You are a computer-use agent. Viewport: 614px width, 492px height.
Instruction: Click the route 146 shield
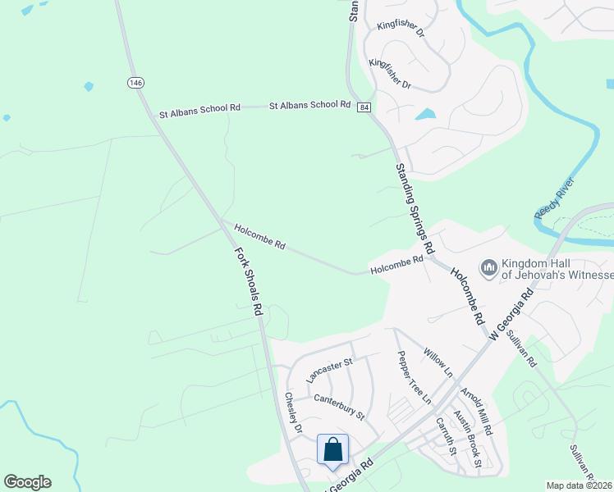pos(135,82)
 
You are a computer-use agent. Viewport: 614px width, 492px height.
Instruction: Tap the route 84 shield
pos(363,107)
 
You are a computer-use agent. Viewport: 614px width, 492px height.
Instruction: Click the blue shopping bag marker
pos(332,449)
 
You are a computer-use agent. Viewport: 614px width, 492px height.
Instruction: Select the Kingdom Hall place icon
pos(489,268)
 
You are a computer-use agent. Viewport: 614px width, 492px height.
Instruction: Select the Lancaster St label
pos(328,370)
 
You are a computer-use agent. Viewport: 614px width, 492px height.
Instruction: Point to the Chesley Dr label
pos(293,412)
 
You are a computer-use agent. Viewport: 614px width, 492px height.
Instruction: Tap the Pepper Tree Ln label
pos(414,376)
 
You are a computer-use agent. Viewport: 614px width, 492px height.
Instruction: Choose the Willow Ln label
pos(438,362)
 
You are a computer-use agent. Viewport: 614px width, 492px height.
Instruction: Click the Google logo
pos(27,482)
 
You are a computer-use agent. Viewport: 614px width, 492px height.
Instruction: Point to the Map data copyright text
pos(580,485)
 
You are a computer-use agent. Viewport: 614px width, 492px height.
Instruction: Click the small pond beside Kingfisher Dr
pos(425,114)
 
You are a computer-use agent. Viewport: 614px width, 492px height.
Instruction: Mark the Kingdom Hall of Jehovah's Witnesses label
pos(558,267)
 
